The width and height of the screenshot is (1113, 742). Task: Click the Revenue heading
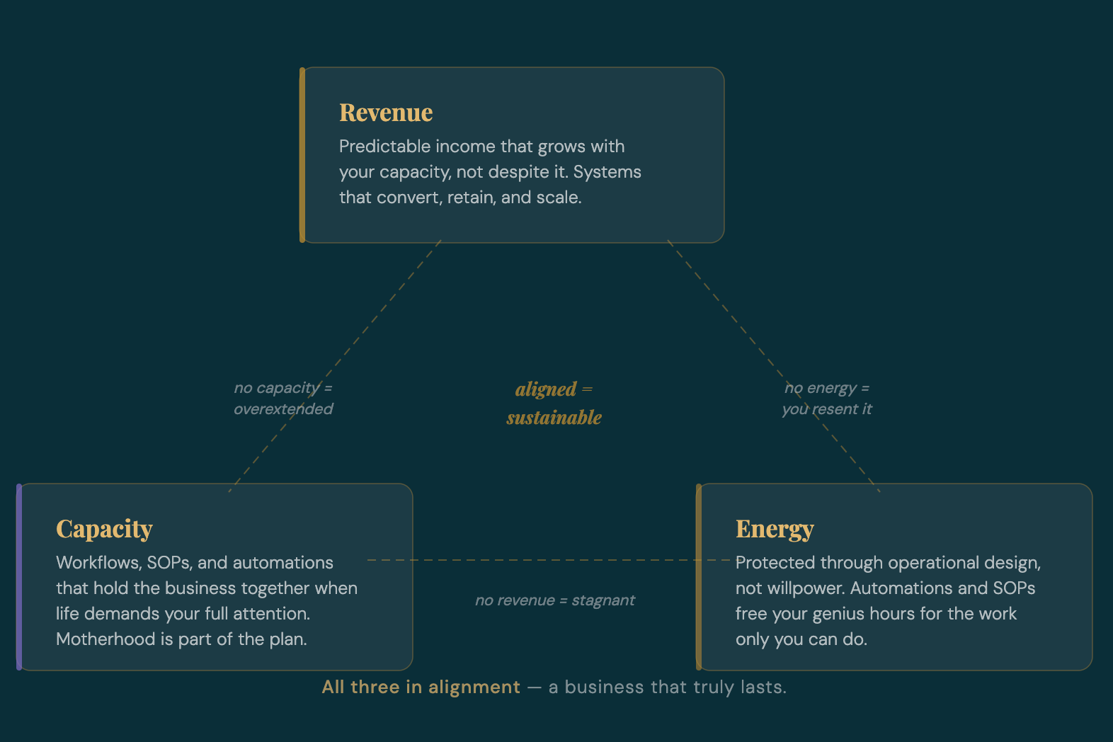pos(386,113)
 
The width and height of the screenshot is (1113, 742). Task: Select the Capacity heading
pos(104,529)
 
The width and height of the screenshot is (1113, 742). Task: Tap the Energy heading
pos(775,529)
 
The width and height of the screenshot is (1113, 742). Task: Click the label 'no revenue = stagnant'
pos(554,600)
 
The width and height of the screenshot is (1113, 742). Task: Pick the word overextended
pos(283,409)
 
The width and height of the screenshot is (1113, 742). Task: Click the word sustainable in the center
pos(554,418)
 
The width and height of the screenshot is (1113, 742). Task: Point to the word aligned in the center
pos(545,389)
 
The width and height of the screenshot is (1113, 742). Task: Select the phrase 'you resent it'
pos(827,409)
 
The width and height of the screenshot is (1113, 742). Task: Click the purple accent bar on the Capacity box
pos(19,577)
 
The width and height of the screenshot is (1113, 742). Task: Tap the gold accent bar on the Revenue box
pos(302,155)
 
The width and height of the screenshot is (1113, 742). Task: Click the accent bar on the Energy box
pos(699,577)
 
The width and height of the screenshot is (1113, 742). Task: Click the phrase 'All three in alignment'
pos(421,687)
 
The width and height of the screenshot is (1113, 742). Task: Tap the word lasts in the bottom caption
pos(763,687)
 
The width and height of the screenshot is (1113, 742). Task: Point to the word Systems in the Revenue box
pos(607,172)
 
